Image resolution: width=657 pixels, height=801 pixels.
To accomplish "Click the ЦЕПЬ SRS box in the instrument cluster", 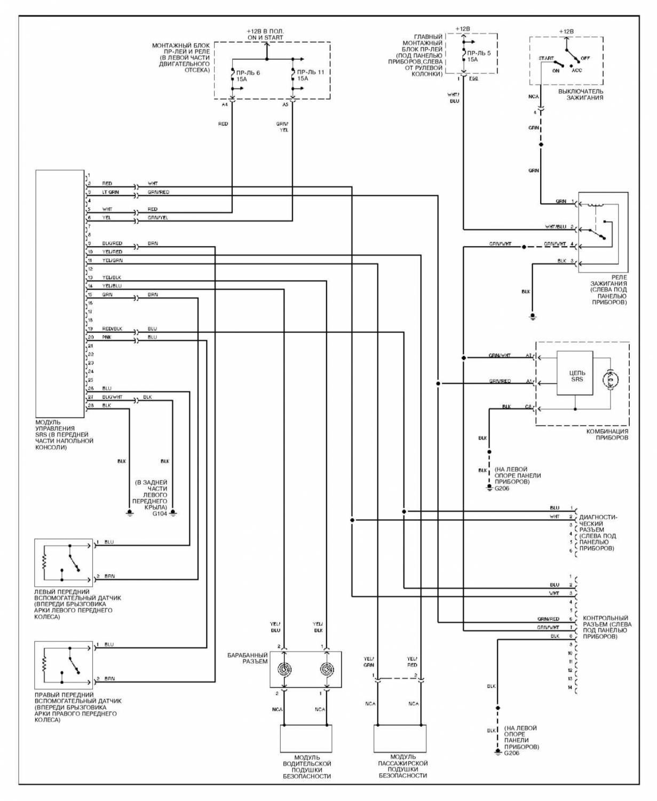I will point(574,373).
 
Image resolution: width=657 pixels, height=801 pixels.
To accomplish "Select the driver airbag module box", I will point(306,739).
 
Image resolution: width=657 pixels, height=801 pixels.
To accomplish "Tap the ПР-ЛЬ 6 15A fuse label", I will point(248,75).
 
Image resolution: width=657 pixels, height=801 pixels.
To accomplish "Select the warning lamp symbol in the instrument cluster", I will point(609,379).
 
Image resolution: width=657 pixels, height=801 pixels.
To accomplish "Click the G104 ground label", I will point(160,513).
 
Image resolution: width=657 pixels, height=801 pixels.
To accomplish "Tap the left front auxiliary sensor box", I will point(64,563).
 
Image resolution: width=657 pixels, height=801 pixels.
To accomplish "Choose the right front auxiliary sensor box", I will point(64,665).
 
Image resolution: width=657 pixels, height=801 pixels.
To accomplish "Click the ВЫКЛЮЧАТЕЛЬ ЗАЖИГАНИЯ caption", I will point(581,95).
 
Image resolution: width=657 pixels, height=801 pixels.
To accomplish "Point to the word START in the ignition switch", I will point(546,58).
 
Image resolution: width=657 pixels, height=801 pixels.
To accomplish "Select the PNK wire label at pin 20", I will point(106,337).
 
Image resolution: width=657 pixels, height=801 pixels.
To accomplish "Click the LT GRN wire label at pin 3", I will point(110,192).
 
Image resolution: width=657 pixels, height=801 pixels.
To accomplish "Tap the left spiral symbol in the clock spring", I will point(284,669).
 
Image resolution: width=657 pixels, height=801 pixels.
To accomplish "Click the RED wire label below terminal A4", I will point(223,124).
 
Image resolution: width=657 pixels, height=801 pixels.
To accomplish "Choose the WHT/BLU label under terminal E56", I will point(454,98).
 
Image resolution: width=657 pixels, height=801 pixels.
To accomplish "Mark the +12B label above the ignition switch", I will point(566,32).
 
